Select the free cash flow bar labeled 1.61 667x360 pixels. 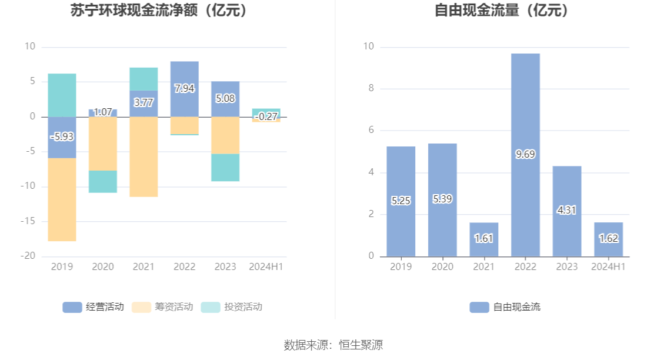(x=483, y=238)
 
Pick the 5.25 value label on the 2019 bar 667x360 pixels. (x=401, y=201)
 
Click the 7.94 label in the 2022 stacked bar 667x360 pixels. (x=184, y=88)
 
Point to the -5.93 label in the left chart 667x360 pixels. (x=62, y=136)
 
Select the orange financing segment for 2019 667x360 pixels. (x=62, y=199)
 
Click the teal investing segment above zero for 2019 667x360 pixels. (x=62, y=95)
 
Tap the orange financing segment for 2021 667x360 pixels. (x=144, y=156)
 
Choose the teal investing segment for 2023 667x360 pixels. (x=225, y=168)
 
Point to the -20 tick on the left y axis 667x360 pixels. (x=29, y=256)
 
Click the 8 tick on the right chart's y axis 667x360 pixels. (x=371, y=88)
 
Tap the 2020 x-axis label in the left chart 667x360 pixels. (x=103, y=267)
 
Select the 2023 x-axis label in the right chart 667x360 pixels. (x=566, y=267)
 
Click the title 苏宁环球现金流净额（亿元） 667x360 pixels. (x=158, y=11)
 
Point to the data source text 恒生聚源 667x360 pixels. (x=361, y=345)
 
